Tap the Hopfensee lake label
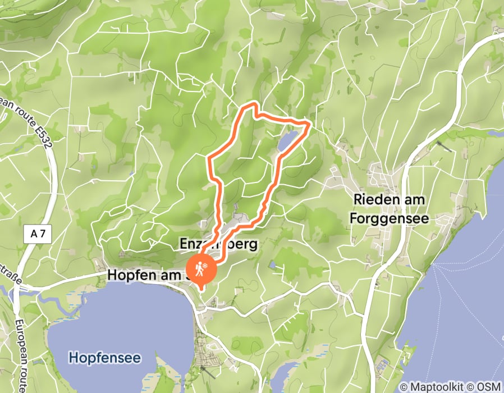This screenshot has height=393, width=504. point(104,357)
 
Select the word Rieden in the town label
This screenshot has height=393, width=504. point(374,199)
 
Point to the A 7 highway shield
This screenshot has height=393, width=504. point(38,234)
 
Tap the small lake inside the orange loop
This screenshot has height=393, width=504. point(286,141)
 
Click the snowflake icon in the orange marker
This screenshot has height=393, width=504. point(206,264)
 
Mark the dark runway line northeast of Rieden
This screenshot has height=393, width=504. point(443,145)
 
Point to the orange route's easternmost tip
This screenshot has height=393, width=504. point(310,121)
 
